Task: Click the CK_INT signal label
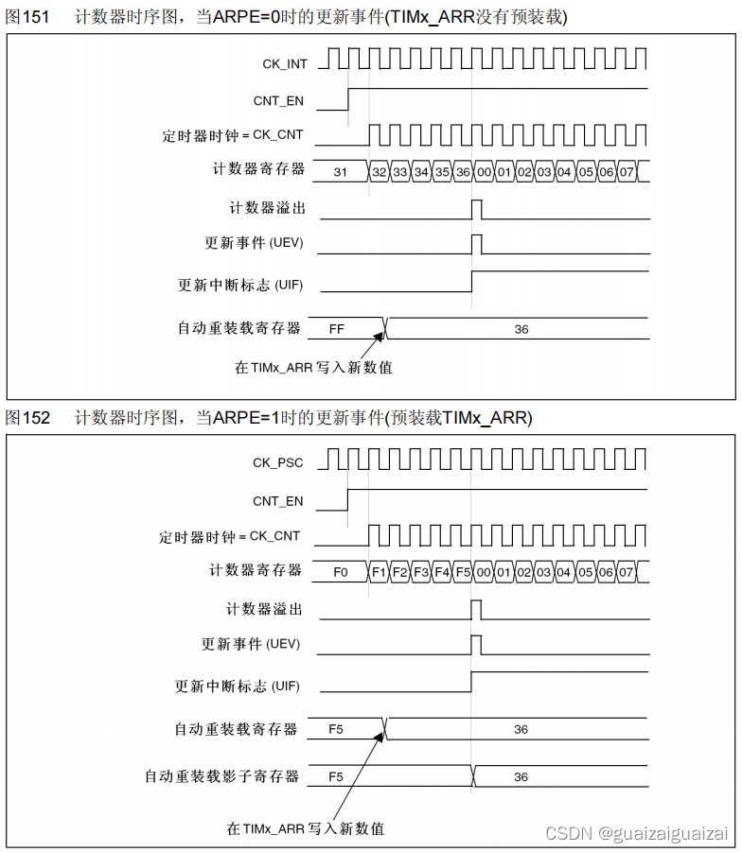coord(284,63)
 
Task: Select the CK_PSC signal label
coord(278,463)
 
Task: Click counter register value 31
coord(341,172)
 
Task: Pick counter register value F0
coord(341,572)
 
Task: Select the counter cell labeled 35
coord(441,172)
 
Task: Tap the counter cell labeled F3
coord(421,572)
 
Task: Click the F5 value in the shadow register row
coord(336,776)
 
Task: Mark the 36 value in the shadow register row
coord(521,776)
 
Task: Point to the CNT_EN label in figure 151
coord(278,100)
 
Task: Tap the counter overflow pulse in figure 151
coord(476,208)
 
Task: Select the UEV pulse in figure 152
coord(476,644)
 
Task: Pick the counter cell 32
coord(380,172)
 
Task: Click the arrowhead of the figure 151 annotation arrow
coord(383,334)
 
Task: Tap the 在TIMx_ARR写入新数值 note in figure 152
coord(305,828)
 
